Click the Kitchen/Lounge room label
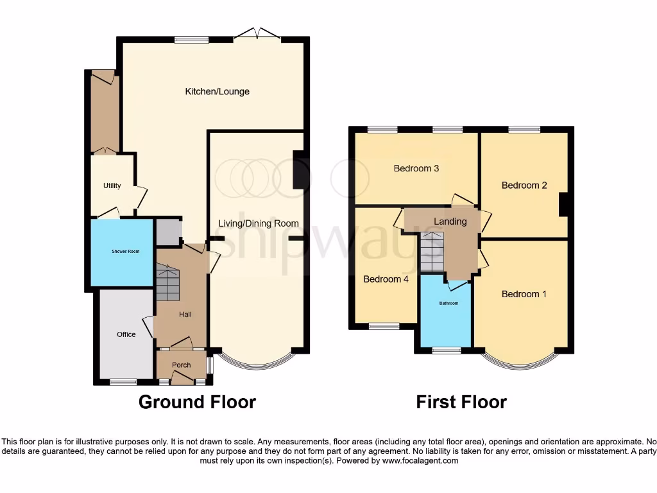pos(217,92)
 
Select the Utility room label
pos(112,186)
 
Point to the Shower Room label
pos(122,252)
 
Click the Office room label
pos(126,334)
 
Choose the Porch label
pos(182,365)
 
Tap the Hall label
pos(185,315)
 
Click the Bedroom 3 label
pos(416,169)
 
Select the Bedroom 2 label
pos(524,186)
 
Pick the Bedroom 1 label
pos(524,294)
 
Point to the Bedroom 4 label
pos(386,279)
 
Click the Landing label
pos(450,221)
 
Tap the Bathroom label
pos(448,304)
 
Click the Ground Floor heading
pos(197,402)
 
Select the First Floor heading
pos(461,402)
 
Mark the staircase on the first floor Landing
pos(432,252)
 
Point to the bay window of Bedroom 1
pos(520,363)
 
